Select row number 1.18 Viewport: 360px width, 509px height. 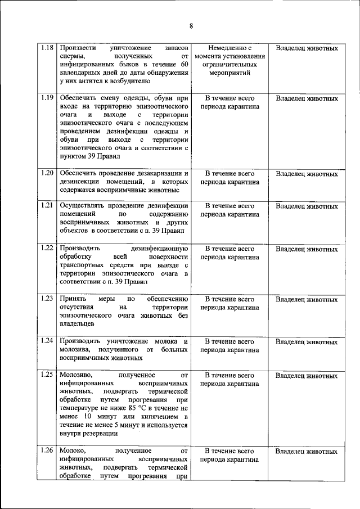pyautogui.click(x=47, y=48)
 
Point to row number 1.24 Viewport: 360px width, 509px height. pyautogui.click(x=47, y=341)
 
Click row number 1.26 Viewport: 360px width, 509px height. pyautogui.click(x=47, y=451)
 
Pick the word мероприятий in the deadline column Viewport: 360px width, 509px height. pyautogui.click(x=229, y=73)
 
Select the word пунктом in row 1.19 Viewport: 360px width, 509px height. pyautogui.click(x=73, y=156)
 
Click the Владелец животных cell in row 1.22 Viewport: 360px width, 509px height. pyautogui.click(x=307, y=248)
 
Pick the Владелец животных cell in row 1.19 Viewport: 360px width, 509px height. pyautogui.click(x=307, y=98)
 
